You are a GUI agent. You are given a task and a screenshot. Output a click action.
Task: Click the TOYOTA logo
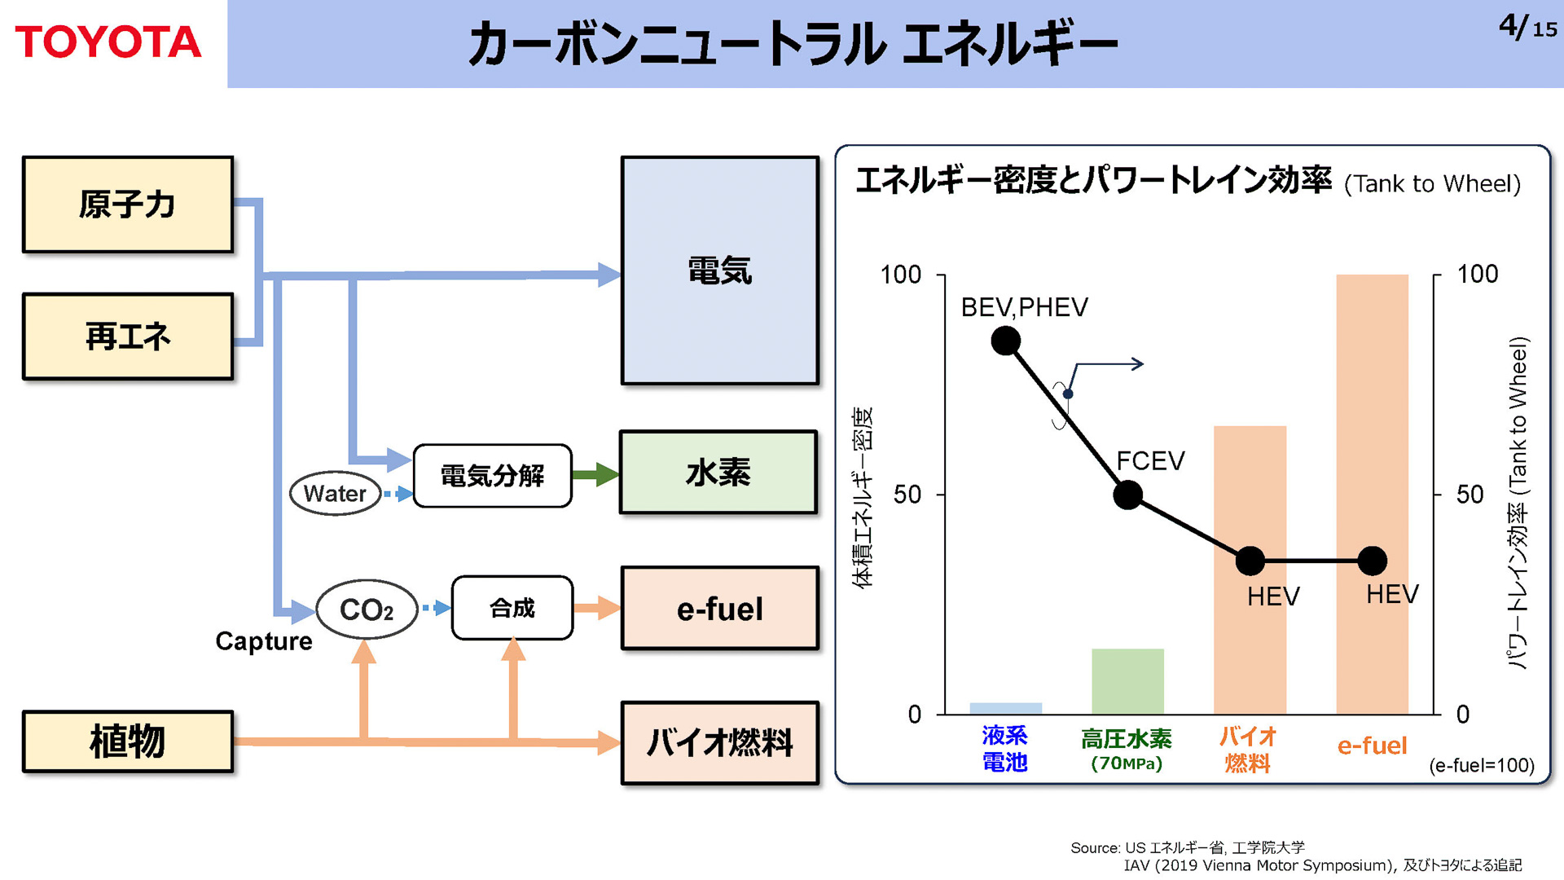108,42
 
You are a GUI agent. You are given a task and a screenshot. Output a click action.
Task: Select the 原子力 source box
128,205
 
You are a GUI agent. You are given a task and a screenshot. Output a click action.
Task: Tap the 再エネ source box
128,337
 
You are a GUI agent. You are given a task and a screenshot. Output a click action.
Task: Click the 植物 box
128,741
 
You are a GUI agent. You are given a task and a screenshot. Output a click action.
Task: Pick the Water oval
335,493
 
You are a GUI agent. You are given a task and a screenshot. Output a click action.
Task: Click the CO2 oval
367,609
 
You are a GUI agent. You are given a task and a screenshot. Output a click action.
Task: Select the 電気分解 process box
492,476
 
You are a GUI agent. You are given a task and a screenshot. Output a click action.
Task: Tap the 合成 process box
512,608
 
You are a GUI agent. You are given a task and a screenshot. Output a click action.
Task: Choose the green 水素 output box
718,473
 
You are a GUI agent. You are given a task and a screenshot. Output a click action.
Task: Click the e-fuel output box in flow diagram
719,609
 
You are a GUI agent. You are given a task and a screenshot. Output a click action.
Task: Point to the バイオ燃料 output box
719,743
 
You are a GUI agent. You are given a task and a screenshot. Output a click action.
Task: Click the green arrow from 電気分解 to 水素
595,474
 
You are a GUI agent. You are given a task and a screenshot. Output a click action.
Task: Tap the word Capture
263,641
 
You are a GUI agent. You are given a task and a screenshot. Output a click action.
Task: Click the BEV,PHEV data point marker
1006,341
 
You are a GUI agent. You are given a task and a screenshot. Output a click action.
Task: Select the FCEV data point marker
1128,495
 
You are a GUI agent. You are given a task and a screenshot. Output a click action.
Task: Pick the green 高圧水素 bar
1127,681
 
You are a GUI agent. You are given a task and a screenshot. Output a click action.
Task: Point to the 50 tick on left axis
907,495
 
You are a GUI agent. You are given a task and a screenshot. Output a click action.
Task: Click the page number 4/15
1527,28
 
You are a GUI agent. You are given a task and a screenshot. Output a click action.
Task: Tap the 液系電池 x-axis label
1004,749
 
